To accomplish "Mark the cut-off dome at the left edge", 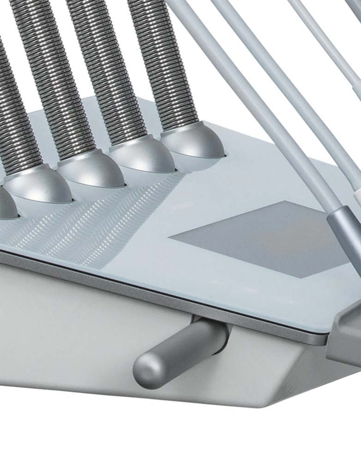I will pyautogui.click(x=7, y=203).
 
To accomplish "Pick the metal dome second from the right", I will pyautogui.click(x=143, y=157).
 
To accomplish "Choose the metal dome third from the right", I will pyautogui.click(x=90, y=173).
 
